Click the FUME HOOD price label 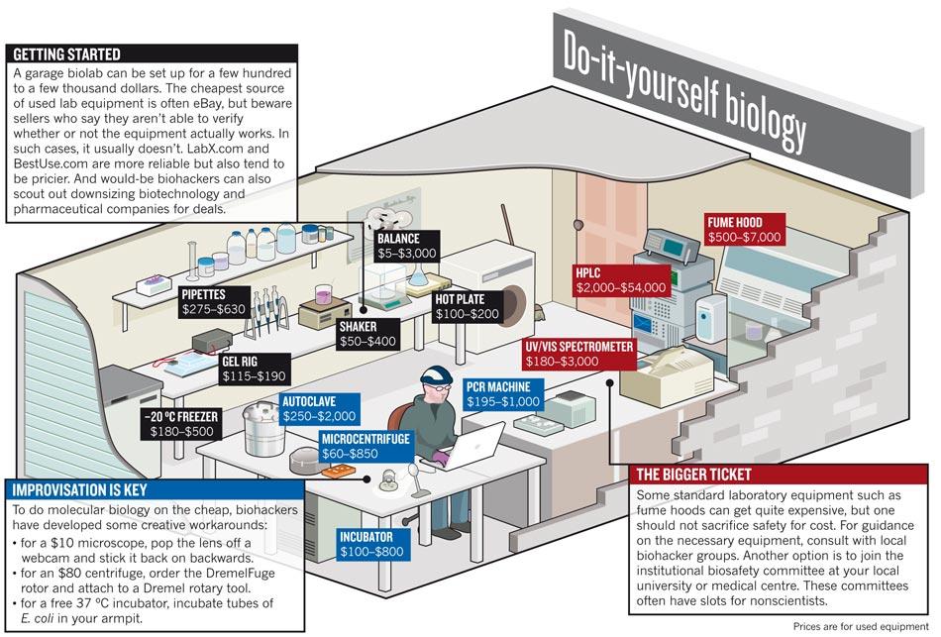pyautogui.click(x=744, y=230)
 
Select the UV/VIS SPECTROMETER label pyautogui.click(x=579, y=354)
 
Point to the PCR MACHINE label pyautogui.click(x=503, y=393)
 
